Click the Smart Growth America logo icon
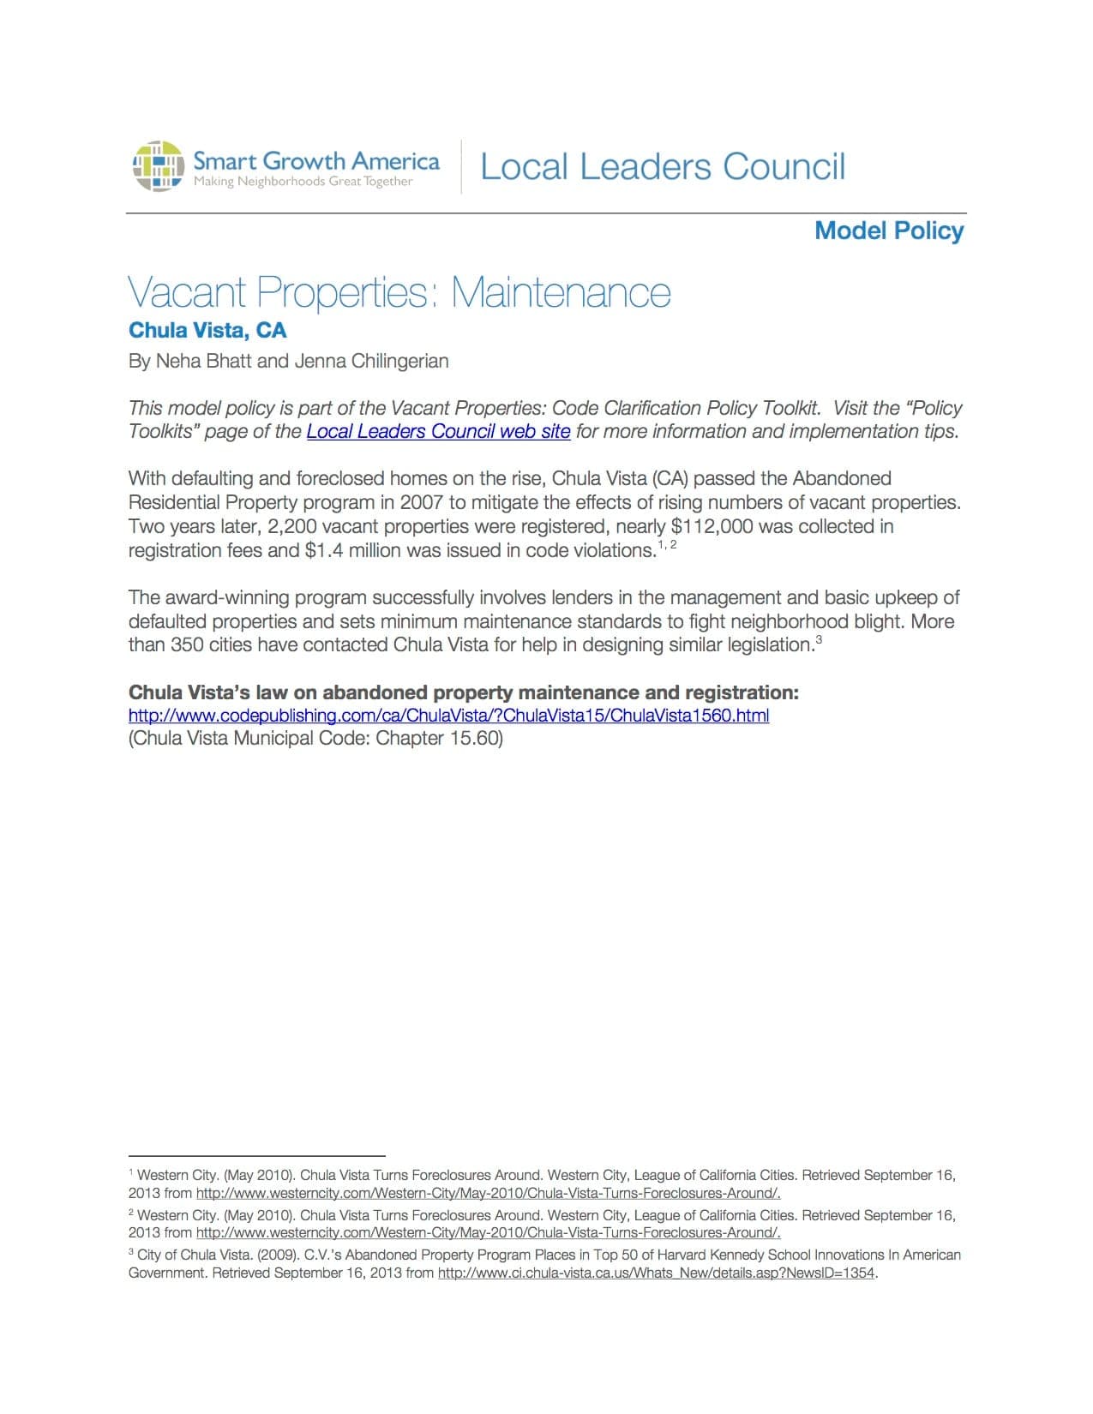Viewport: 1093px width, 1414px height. [158, 166]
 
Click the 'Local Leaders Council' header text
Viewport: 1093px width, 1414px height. [663, 166]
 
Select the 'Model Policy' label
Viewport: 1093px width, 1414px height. [889, 231]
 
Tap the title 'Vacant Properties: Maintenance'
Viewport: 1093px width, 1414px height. [399, 292]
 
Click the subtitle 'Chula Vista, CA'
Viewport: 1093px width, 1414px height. [207, 331]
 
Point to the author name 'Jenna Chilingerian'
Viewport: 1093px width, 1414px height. [371, 361]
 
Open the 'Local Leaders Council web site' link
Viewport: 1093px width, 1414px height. [438, 431]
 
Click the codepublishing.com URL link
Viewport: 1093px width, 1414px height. [448, 715]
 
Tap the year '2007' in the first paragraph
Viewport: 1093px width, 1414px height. [421, 502]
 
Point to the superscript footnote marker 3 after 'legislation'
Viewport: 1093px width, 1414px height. [819, 639]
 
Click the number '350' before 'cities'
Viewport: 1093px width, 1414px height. [187, 644]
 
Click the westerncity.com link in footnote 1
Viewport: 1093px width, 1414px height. [488, 1193]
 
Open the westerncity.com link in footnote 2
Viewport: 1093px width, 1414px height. [488, 1232]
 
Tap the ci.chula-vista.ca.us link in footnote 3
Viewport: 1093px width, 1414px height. [656, 1273]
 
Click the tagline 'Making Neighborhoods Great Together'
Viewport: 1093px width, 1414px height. [303, 182]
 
